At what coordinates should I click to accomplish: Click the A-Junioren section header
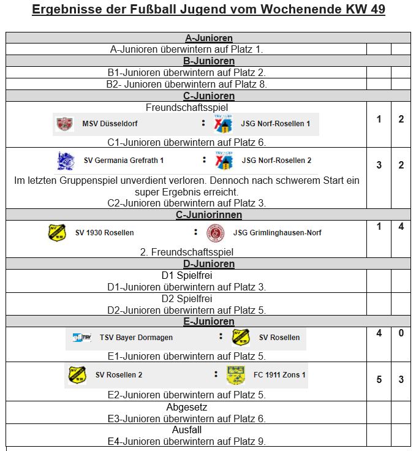click(x=208, y=38)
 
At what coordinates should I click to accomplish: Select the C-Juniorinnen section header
click(x=208, y=214)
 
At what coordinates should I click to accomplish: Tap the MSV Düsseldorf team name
click(x=110, y=124)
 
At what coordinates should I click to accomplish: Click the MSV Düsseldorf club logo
click(x=64, y=124)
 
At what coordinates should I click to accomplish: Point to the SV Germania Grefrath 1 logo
click(x=66, y=161)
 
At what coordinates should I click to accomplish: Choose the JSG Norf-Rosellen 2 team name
click(x=276, y=161)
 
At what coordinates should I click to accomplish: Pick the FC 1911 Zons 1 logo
click(x=236, y=375)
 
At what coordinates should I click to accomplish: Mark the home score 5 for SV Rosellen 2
click(x=379, y=379)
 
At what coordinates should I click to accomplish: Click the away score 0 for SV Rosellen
click(x=401, y=333)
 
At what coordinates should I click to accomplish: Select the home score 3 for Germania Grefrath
click(x=379, y=165)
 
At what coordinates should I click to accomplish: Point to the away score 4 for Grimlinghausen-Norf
click(x=401, y=227)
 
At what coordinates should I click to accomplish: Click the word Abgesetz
click(x=187, y=407)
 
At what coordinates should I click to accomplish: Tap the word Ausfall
click(x=187, y=430)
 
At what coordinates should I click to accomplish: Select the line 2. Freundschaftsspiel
click(x=187, y=252)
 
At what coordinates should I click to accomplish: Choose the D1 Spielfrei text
click(x=187, y=275)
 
